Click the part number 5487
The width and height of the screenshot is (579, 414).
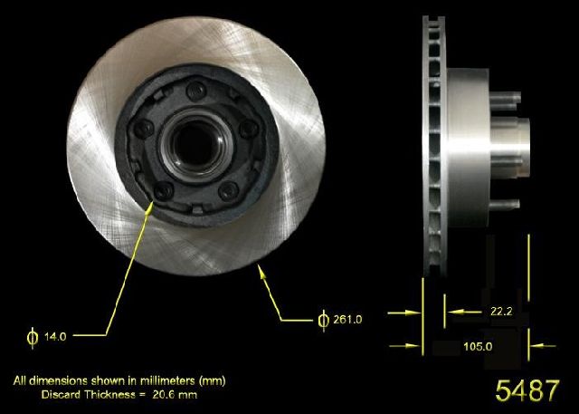point(527,390)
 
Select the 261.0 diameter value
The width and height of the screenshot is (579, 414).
point(347,320)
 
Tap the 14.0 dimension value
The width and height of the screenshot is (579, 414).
point(55,337)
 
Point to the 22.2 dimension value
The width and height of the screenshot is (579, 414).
point(501,312)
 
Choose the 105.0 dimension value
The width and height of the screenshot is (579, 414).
point(478,346)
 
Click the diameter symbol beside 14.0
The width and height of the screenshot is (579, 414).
point(33,337)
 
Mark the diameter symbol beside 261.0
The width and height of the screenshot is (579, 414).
point(324,320)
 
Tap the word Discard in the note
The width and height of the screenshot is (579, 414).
point(61,394)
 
